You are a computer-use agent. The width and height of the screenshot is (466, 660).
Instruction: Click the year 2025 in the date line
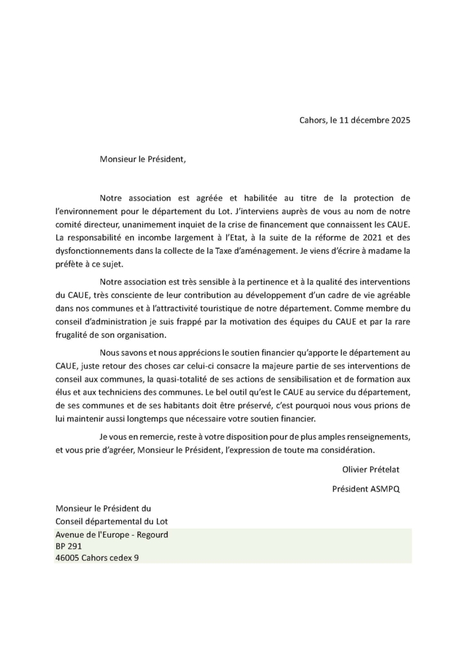(399, 120)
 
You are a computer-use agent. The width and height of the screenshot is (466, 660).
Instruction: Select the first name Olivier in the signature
(357, 469)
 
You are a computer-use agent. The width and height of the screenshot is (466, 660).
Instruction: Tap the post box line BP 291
(68, 547)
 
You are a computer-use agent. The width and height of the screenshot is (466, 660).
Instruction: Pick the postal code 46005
(67, 558)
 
